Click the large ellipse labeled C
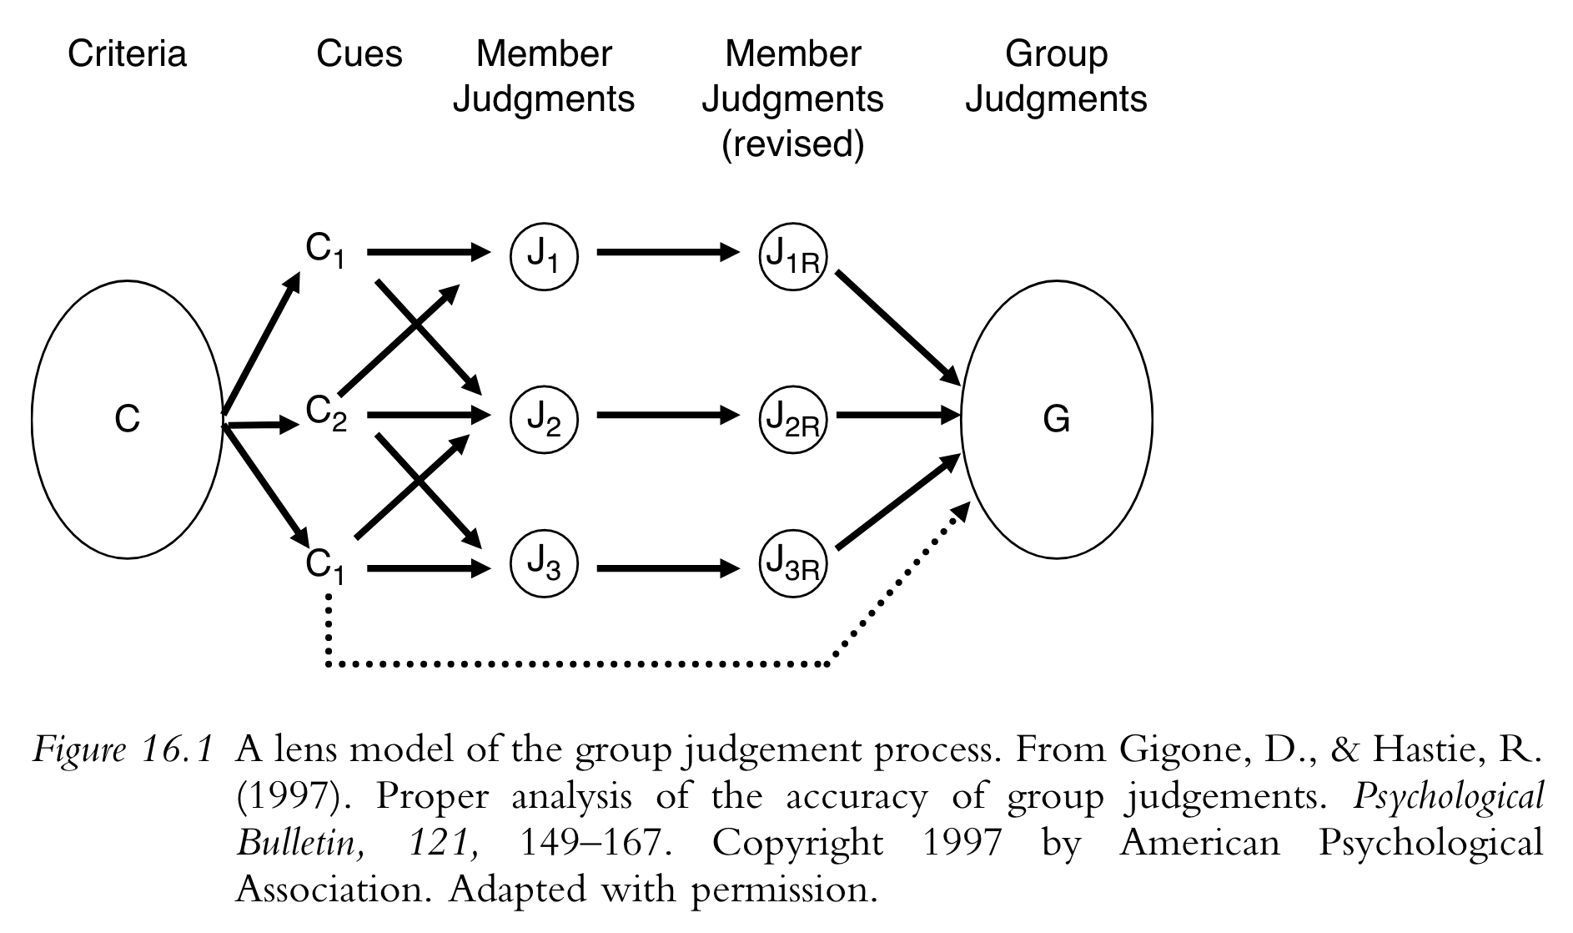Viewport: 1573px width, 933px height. click(127, 418)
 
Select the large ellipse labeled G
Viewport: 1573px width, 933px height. click(1056, 418)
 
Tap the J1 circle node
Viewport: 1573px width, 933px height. click(544, 255)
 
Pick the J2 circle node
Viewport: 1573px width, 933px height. click(544, 417)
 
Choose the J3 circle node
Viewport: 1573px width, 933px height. click(544, 565)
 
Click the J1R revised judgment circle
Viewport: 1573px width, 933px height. click(792, 255)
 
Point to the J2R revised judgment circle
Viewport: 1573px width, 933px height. click(792, 417)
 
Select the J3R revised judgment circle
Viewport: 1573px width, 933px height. click(792, 565)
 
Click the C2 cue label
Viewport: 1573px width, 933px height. click(326, 413)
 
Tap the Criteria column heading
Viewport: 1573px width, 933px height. click(127, 54)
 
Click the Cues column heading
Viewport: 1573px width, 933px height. click(359, 54)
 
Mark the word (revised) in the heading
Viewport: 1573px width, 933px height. click(792, 144)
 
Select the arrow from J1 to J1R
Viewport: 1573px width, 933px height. click(667, 251)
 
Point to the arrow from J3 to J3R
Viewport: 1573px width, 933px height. click(667, 569)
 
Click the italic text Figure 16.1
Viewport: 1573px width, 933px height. click(123, 751)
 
